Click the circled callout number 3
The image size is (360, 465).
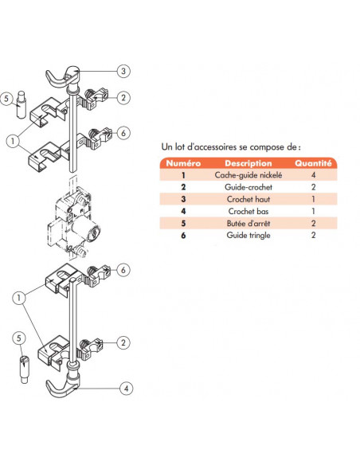123,71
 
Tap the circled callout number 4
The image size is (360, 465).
127,389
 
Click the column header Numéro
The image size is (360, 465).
183,163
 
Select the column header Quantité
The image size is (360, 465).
313,163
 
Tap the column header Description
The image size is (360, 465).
248,163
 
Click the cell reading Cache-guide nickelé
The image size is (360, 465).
248,175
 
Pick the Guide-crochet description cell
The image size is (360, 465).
248,187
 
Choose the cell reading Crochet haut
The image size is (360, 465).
248,199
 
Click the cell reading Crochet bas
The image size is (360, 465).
248,211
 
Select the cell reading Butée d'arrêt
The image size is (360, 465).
248,223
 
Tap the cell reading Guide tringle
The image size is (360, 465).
248,235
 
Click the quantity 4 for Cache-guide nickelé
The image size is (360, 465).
314,175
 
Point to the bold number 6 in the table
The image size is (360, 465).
183,236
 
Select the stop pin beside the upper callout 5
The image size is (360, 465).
21,104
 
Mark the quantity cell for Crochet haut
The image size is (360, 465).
314,199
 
